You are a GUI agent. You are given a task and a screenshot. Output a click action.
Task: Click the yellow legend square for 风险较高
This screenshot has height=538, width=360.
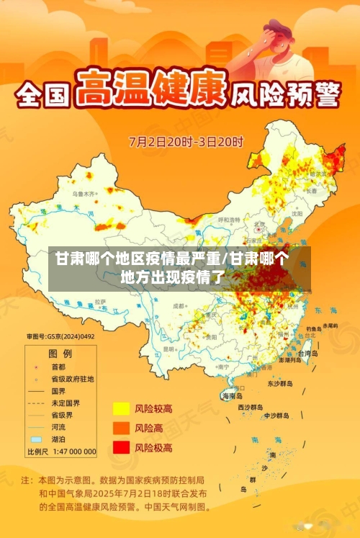pyautogui.click(x=120, y=409)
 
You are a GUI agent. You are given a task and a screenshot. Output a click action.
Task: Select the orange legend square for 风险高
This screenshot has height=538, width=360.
pyautogui.click(x=120, y=429)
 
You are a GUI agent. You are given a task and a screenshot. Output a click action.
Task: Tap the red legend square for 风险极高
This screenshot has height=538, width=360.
pyautogui.click(x=120, y=447)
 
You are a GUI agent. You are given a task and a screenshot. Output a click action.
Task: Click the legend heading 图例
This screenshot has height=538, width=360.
pyautogui.click(x=60, y=354)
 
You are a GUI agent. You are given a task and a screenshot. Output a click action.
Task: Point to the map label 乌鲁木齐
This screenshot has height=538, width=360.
pyautogui.click(x=84, y=194)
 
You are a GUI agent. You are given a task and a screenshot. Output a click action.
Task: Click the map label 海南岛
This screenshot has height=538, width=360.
pyautogui.click(x=232, y=396)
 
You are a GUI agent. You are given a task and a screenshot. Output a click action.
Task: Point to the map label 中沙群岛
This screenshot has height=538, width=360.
pyautogui.click(x=276, y=416)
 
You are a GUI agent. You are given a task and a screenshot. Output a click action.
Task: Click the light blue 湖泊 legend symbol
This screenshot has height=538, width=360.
pyautogui.click(x=36, y=439)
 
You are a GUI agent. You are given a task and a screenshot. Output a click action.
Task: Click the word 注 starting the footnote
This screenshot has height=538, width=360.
pyautogui.click(x=26, y=479)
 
